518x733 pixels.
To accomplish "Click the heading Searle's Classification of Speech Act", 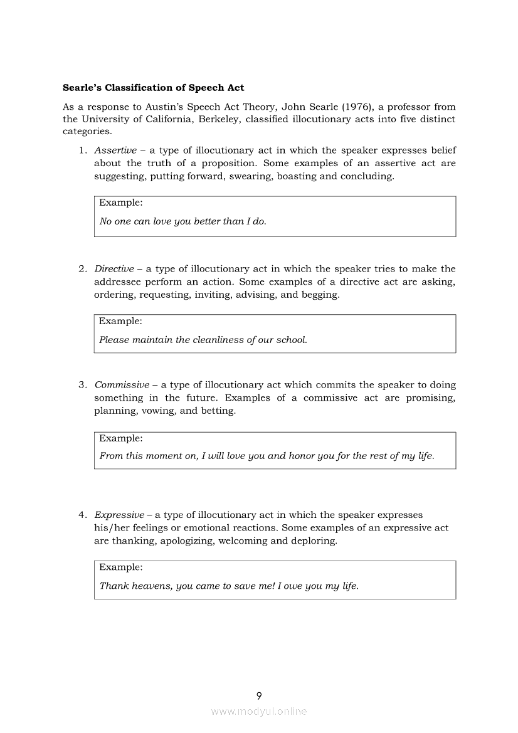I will pyautogui.click(x=154, y=88).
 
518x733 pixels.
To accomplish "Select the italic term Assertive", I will pyautogui.click(x=115, y=150).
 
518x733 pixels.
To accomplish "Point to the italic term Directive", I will pyautogui.click(x=114, y=269).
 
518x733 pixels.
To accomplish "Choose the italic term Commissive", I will pyautogui.click(x=122, y=385).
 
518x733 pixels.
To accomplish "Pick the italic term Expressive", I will pyautogui.click(x=119, y=515).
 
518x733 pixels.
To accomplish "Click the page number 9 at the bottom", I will pyautogui.click(x=259, y=695).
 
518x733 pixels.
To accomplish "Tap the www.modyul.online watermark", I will pyautogui.click(x=259, y=711).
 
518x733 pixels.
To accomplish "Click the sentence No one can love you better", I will pyautogui.click(x=182, y=221).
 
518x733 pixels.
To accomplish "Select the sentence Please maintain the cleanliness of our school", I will pyautogui.click(x=203, y=340).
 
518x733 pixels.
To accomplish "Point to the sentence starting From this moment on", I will pyautogui.click(x=267, y=456).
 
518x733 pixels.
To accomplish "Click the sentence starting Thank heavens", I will pyautogui.click(x=229, y=586).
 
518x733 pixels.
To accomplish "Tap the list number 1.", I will pyautogui.click(x=82, y=150).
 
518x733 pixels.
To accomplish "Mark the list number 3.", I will pyautogui.click(x=82, y=385).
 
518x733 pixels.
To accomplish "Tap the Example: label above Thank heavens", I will pyautogui.click(x=121, y=567).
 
